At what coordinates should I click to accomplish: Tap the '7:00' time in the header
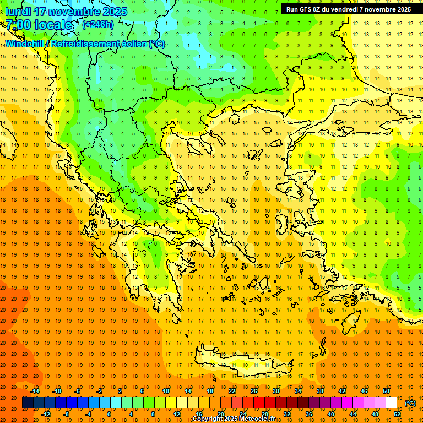pyautogui.click(x=19, y=25)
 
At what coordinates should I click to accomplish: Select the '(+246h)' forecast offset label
pyautogui.click(x=97, y=24)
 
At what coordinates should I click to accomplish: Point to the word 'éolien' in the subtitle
pyautogui.click(x=132, y=44)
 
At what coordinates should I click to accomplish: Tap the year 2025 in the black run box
pyautogui.click(x=399, y=9)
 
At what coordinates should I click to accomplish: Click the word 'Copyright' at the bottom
pyautogui.click(x=208, y=419)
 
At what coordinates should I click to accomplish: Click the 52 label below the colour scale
pyautogui.click(x=397, y=414)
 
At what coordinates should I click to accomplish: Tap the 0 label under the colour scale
pyautogui.click(x=109, y=414)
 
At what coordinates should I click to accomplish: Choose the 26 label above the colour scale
pyautogui.click(x=254, y=391)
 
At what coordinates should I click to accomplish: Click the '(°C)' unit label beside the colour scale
pyautogui.click(x=410, y=403)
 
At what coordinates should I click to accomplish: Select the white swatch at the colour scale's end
pyautogui.click(x=392, y=403)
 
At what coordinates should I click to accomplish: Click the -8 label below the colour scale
pyautogui.click(x=66, y=414)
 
